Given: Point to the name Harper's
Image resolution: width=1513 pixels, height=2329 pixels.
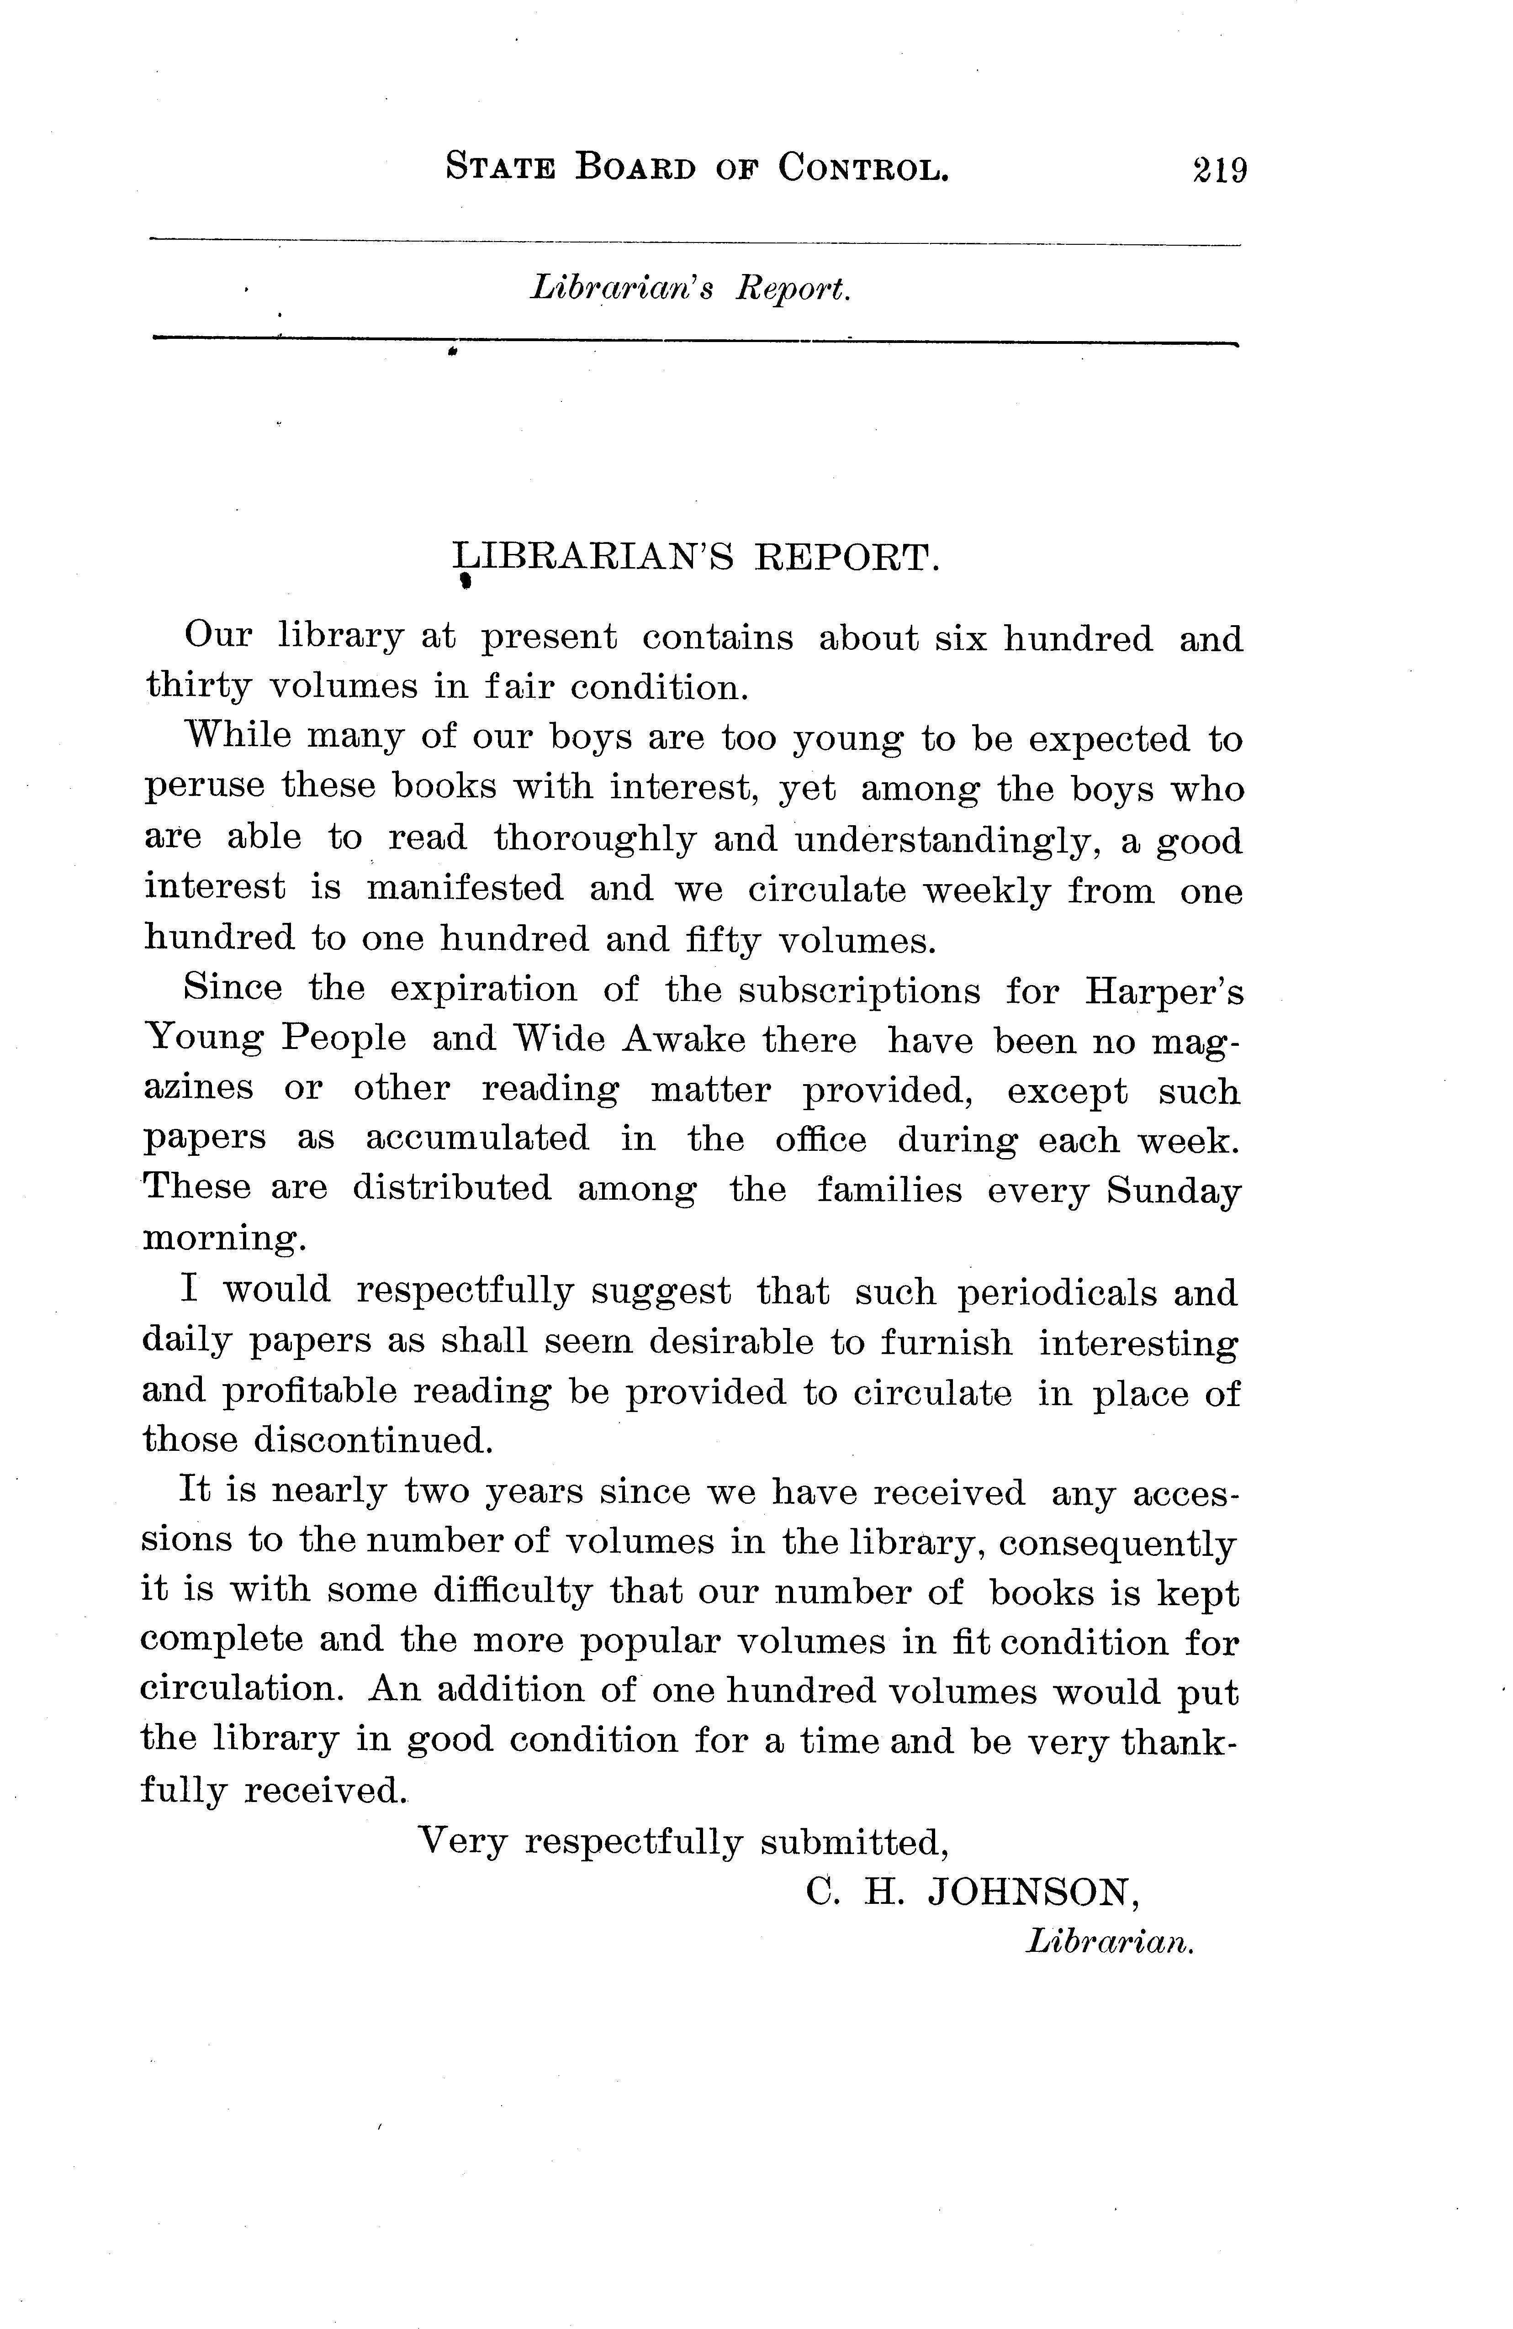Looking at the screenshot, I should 1164,991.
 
